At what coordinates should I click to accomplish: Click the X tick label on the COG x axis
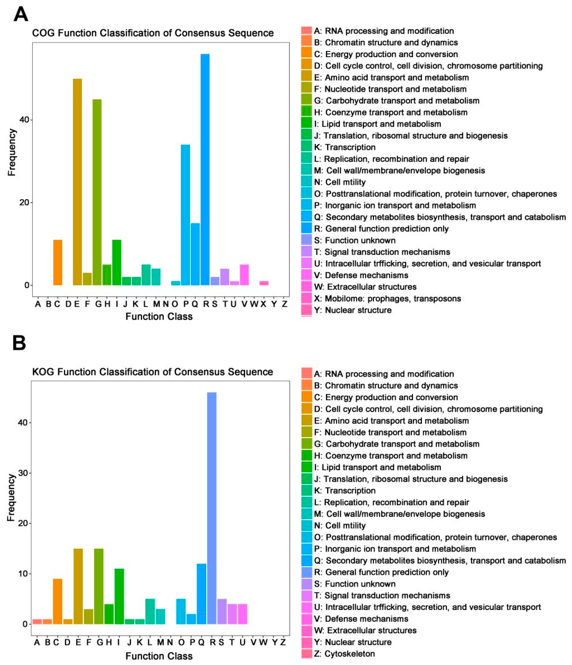[263, 304]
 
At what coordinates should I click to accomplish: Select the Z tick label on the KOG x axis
[283, 642]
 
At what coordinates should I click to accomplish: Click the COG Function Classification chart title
[153, 33]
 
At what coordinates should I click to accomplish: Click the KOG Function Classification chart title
[153, 372]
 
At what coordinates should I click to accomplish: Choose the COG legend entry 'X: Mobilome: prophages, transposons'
[387, 299]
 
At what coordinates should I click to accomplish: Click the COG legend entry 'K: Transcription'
[345, 147]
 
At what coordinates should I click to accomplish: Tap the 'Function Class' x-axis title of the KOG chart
[159, 656]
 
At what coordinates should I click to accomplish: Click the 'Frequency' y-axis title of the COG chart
[12, 152]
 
